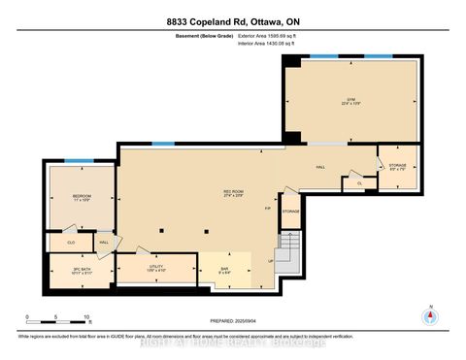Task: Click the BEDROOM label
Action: pyautogui.click(x=81, y=199)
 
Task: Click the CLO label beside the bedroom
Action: pyautogui.click(x=71, y=243)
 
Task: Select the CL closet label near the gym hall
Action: pyautogui.click(x=359, y=181)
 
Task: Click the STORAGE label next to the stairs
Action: pyautogui.click(x=291, y=211)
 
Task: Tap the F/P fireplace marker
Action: pyautogui.click(x=269, y=208)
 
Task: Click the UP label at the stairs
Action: pyautogui.click(x=271, y=261)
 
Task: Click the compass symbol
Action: pyautogui.click(x=429, y=315)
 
